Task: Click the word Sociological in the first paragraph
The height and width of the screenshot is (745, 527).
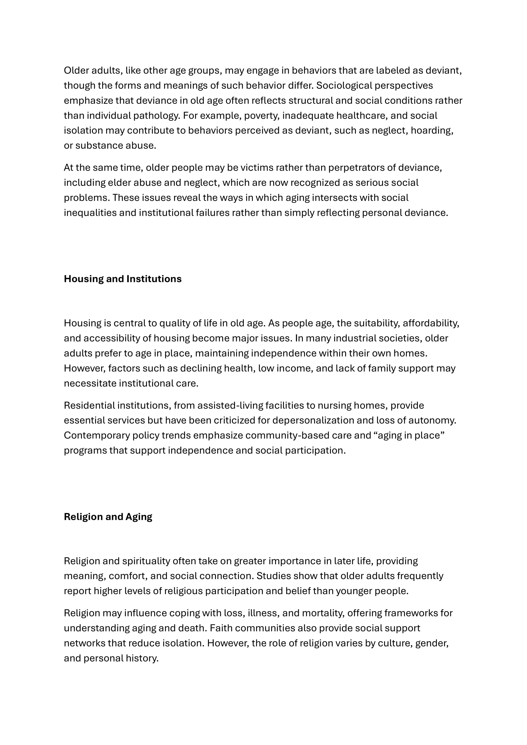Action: [x=344, y=86]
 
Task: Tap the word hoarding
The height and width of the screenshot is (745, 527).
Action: [x=432, y=131]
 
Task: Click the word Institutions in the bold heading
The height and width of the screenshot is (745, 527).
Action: [x=154, y=279]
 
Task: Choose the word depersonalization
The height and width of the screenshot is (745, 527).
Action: [x=313, y=421]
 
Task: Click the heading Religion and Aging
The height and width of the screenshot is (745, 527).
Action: [x=108, y=517]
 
